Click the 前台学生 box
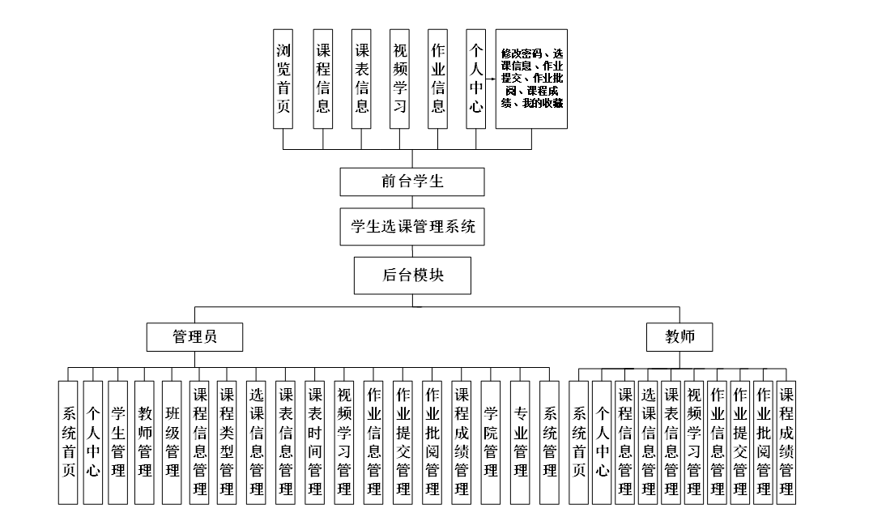point(411,182)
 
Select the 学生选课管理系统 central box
point(411,226)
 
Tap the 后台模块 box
point(412,276)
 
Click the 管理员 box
point(194,337)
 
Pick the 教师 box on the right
point(679,337)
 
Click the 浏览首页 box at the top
point(283,79)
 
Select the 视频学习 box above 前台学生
point(399,79)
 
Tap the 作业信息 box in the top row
point(438,79)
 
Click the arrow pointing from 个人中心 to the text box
point(491,79)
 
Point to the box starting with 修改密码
point(531,79)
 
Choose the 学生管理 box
point(118,442)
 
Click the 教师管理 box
point(145,442)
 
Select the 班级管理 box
point(172,442)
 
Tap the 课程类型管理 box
point(227,442)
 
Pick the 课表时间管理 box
point(315,442)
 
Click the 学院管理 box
point(491,442)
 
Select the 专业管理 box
point(520,442)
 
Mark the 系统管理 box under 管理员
point(549,442)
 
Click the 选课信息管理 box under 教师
point(648,442)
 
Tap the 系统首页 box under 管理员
point(68,442)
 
